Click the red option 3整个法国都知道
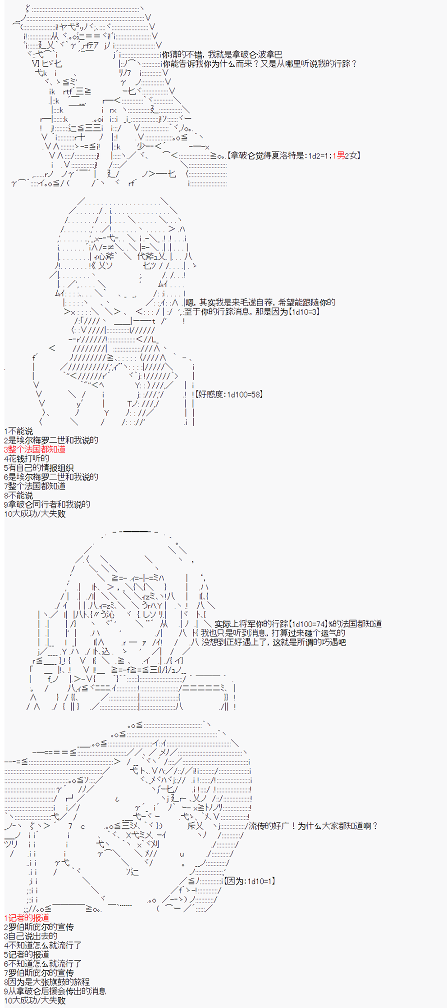coord(35,450)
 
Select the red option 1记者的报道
coord(27,917)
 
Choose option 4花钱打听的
coord(27,459)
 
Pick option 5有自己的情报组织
coord(39,468)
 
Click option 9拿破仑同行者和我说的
coord(47,504)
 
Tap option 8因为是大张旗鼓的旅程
coord(47,981)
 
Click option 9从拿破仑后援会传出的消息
coord(55,991)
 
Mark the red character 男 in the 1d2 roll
coord(341,155)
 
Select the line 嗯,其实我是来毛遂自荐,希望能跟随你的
coord(260,303)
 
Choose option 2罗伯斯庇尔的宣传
coord(39,927)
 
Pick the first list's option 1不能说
coord(18,431)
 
